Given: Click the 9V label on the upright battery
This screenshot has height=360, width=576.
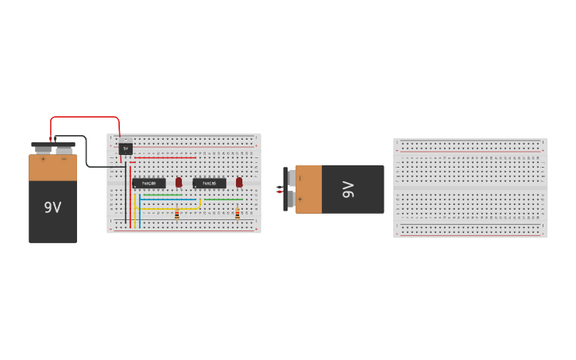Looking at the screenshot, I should [52, 207].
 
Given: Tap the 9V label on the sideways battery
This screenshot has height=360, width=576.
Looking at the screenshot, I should [348, 189].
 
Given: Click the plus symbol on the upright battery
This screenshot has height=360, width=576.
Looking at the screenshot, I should [43, 159].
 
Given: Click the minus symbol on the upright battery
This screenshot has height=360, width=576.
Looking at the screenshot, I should [64, 159].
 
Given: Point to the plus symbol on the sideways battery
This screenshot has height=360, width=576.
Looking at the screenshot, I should [300, 199].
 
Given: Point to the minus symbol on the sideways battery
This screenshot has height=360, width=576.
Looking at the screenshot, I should [300, 178].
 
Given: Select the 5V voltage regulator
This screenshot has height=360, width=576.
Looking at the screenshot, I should [126, 149].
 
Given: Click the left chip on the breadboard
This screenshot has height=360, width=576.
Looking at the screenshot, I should [149, 184].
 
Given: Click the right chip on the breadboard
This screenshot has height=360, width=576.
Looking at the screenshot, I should [209, 184].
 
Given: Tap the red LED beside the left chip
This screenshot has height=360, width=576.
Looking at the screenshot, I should [179, 182].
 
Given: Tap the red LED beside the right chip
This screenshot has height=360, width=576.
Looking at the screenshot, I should [239, 182].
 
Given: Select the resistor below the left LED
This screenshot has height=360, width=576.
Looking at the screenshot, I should [176, 212].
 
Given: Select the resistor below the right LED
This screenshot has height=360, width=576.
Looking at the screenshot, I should [237, 212].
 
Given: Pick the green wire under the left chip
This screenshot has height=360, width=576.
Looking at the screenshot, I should [162, 195].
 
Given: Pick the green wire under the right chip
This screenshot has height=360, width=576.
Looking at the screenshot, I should [222, 199].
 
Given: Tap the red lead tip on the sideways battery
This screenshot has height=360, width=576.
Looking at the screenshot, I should [278, 192].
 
